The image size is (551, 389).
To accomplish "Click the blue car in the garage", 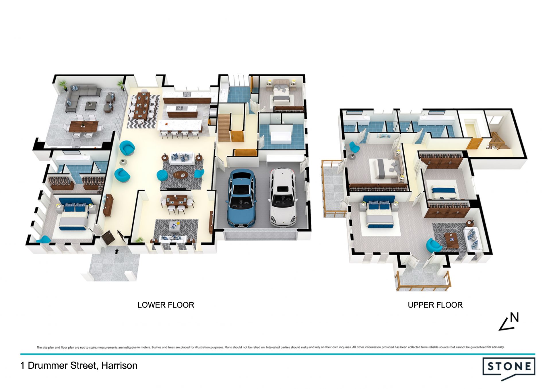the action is pos(242,198).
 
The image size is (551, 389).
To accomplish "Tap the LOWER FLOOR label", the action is pos(166,305).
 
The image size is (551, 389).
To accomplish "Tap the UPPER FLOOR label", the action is pos(435,305).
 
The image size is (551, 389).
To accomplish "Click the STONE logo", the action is pos(509,368).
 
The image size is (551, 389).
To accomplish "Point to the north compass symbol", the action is pos(509,321).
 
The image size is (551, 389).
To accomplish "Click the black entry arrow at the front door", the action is pos(117,251).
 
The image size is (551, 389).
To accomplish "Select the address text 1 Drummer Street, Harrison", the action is pos(79,365).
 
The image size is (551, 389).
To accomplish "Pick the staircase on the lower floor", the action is pos(224,128).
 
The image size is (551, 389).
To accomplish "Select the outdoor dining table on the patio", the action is pos(84,126).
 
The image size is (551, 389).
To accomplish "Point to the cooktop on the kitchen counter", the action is pos(187,94).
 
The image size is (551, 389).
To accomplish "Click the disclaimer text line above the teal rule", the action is pos(270,347).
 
